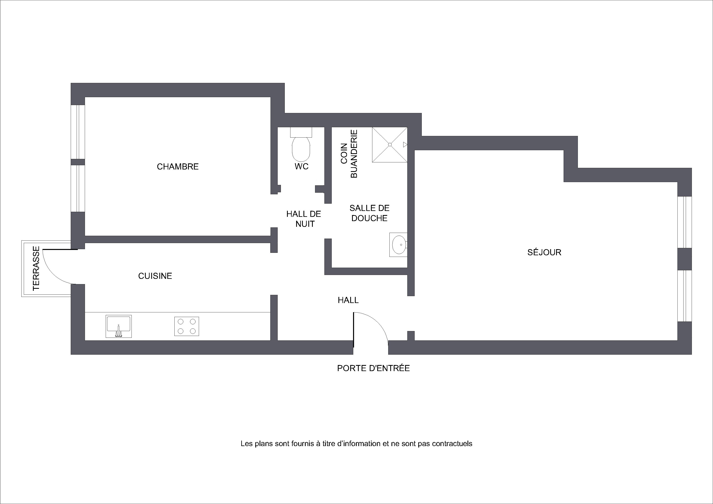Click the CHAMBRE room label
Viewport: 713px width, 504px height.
pos(178,167)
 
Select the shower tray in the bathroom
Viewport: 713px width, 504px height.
pos(390,145)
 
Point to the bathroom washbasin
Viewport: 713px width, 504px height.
pos(399,245)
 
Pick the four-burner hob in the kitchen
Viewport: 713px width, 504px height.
pos(187,326)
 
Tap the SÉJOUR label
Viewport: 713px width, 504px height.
pos(544,252)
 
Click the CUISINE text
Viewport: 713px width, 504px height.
pos(155,276)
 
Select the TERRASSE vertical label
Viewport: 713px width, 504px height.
pos(36,268)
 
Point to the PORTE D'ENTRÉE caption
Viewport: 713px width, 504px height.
pos(373,368)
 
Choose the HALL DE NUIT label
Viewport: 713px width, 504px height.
pos(304,219)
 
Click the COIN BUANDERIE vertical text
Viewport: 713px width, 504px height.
pos(349,154)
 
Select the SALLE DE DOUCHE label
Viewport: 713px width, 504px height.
pos(369,213)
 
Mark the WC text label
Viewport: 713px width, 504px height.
pos(302,167)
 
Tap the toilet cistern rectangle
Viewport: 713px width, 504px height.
pos(301,132)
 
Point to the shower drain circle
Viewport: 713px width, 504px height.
pos(390,145)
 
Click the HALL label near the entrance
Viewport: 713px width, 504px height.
pos(348,300)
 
